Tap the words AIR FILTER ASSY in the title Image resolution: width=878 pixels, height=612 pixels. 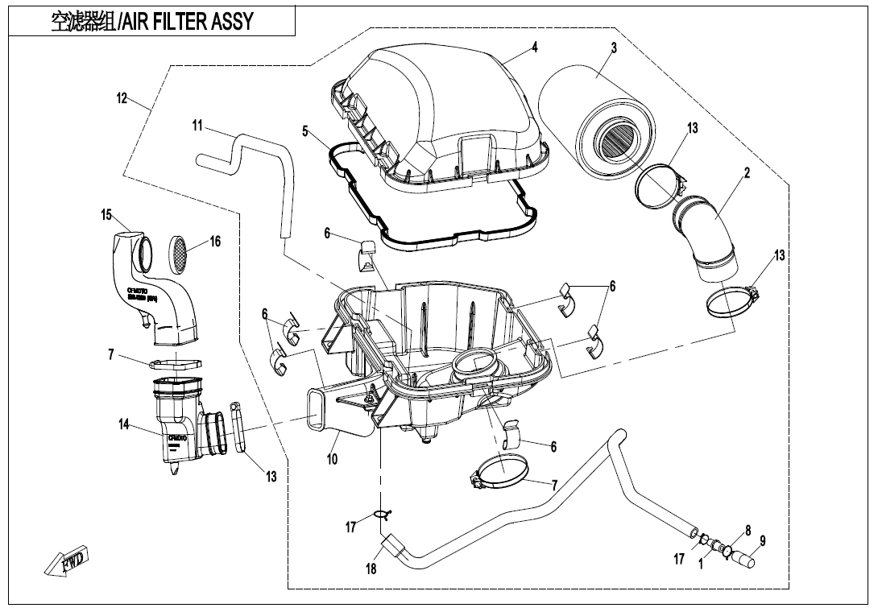point(186,22)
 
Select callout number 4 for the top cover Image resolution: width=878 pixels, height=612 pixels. point(534,48)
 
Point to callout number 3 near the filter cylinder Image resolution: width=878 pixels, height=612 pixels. point(614,48)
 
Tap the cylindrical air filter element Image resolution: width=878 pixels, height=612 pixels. point(596,121)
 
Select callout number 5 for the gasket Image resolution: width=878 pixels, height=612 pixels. point(305,130)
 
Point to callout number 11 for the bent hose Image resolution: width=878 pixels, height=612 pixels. point(197,125)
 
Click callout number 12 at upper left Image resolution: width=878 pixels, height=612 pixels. point(122,98)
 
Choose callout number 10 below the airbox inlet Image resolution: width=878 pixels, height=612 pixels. point(332,459)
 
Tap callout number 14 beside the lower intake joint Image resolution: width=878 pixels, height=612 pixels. point(124,425)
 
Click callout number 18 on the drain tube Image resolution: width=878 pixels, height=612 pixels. point(371,569)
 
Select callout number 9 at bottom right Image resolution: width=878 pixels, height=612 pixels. point(763,540)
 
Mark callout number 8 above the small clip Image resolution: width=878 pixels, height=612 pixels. point(748,531)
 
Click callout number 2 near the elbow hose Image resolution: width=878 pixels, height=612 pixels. point(747,173)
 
